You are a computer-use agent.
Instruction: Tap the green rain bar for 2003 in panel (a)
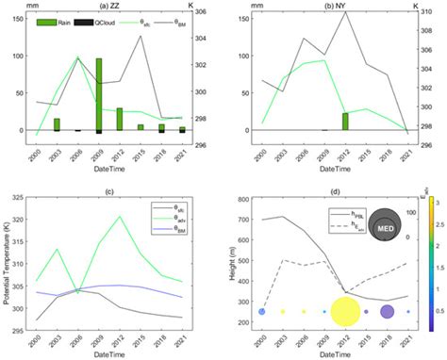click(57, 124)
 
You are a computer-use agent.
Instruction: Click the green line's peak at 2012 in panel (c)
click(120, 217)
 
